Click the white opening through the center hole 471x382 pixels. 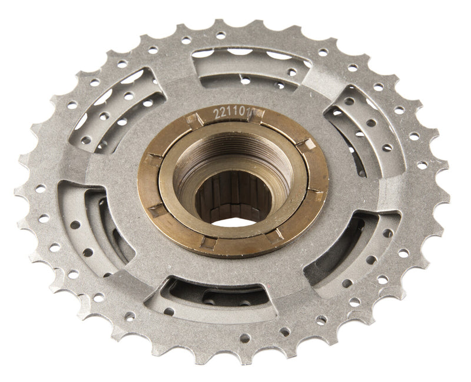[233, 220]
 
